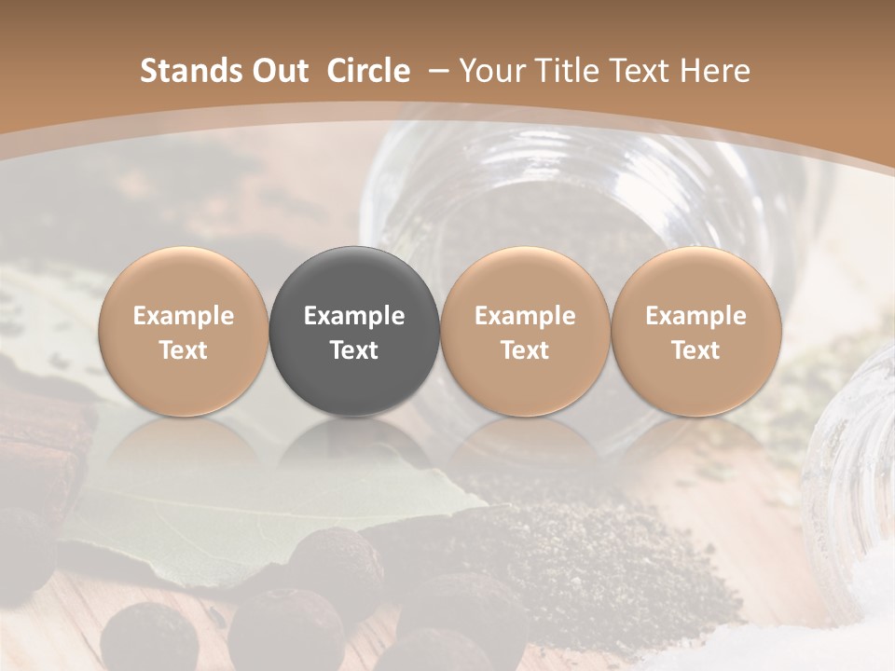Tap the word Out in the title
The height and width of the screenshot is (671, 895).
[281, 71]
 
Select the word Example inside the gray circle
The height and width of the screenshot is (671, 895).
[354, 316]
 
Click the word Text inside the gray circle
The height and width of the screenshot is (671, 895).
[354, 350]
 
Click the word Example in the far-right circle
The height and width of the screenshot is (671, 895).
[695, 316]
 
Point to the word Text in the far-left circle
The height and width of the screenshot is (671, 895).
[183, 350]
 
